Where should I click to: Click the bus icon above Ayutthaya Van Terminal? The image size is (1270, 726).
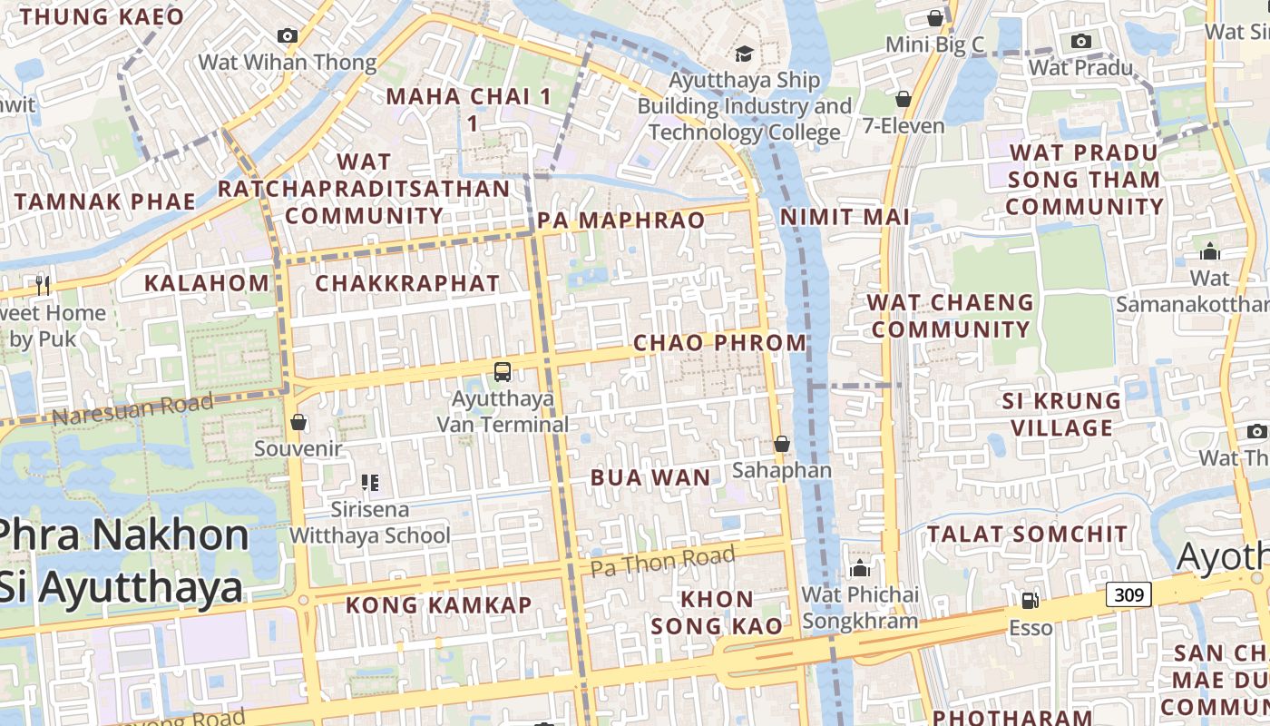point(503,371)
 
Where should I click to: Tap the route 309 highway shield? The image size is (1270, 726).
point(1128,595)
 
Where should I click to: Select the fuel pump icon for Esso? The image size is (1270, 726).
point(1030,600)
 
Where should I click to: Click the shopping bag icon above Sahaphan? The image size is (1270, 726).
point(781,444)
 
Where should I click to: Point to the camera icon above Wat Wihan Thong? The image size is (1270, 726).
point(288,35)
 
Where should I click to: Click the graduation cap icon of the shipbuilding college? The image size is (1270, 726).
point(745,54)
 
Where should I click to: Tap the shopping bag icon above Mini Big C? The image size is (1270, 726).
point(934,18)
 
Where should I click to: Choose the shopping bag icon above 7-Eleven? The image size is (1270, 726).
point(903,98)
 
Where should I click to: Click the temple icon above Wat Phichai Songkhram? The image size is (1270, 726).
point(859,569)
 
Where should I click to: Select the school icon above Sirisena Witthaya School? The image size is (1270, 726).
point(369,482)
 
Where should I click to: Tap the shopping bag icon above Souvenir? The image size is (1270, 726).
point(298,422)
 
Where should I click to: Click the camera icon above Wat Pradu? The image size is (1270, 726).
point(1080,41)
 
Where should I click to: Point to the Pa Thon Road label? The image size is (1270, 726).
point(662,561)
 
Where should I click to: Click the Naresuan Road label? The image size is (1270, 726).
point(132,409)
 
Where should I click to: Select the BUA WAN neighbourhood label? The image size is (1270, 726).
point(650,477)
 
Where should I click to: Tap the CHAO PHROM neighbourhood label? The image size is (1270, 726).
point(719,343)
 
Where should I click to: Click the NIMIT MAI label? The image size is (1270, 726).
point(845,217)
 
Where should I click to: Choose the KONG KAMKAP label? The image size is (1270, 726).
point(438,604)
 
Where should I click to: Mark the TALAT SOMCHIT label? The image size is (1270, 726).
point(1027,534)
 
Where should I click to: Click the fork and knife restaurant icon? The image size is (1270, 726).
point(43,285)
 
